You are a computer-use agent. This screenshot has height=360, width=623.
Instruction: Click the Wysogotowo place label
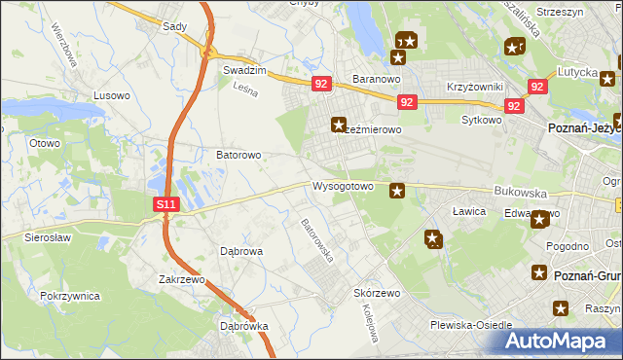pyautogui.click(x=343, y=186)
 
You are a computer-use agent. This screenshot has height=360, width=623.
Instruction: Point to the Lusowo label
pyautogui.click(x=110, y=96)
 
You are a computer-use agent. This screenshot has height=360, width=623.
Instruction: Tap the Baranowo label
pyautogui.click(x=377, y=78)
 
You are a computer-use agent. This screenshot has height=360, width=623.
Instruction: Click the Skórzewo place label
pyautogui.click(x=378, y=293)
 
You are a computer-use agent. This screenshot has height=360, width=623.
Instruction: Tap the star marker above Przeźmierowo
pyautogui.click(x=339, y=124)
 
